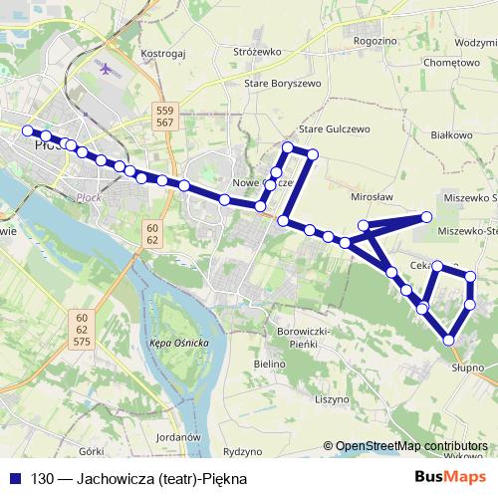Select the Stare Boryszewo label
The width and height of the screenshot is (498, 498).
pyautogui.click(x=283, y=84)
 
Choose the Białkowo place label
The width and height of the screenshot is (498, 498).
pyautogui.click(x=454, y=133)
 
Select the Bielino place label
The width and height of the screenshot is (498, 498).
pyautogui.click(x=270, y=365)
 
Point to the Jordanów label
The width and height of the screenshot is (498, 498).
pyautogui.click(x=180, y=436)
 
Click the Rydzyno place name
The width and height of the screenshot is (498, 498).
pyautogui.click(x=241, y=450)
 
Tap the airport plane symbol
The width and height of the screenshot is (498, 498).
pyautogui.click(x=109, y=69)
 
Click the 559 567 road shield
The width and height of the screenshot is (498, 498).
pyautogui.click(x=165, y=115)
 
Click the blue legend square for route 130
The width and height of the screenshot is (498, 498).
pyautogui.click(x=15, y=477)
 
